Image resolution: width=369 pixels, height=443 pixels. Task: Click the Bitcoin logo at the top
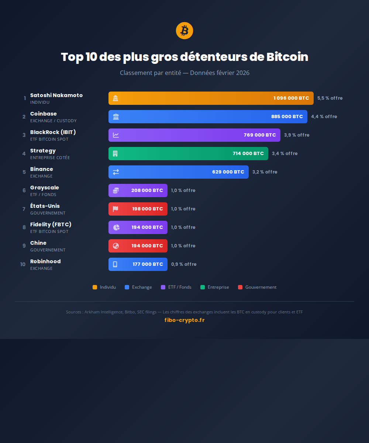tap(184, 31)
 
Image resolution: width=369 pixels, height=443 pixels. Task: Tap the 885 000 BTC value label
tap(287, 117)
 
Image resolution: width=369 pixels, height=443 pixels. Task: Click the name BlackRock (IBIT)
tap(53, 132)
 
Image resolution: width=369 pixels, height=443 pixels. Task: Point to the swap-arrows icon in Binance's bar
tap(116, 172)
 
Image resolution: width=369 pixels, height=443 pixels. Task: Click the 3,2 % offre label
tap(265, 172)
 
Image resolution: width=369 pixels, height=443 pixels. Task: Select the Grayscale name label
tap(44, 188)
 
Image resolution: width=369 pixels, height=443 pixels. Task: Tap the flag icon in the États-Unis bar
tap(115, 209)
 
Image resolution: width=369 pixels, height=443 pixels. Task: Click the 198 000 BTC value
tap(147, 209)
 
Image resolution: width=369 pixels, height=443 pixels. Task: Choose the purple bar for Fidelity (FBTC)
tap(138, 227)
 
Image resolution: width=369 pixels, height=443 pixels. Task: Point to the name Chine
tap(38, 243)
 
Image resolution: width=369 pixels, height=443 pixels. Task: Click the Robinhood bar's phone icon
tap(115, 264)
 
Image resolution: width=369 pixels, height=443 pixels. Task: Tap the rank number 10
tap(23, 264)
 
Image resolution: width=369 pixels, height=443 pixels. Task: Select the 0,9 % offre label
tap(183, 264)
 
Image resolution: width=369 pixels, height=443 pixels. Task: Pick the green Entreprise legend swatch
tap(203, 287)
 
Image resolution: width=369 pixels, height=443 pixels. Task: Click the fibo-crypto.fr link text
tap(184, 320)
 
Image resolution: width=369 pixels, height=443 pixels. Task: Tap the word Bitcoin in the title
tap(287, 57)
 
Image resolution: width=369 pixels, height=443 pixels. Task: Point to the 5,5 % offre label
tap(330, 98)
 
